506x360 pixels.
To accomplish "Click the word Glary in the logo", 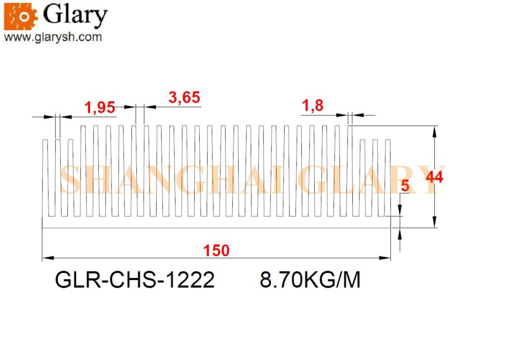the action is click(75, 15).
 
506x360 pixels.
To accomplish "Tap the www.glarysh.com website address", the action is click(53, 37).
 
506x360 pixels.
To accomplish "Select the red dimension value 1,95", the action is click(100, 107).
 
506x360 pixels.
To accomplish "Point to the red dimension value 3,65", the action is click(184, 97).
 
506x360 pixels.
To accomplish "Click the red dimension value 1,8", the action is click(312, 106).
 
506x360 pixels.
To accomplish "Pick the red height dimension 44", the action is click(434, 177).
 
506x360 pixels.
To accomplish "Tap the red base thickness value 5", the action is click(405, 185).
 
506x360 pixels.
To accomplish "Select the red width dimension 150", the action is click(216, 251).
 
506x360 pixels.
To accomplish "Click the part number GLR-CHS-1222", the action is click(135, 279).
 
